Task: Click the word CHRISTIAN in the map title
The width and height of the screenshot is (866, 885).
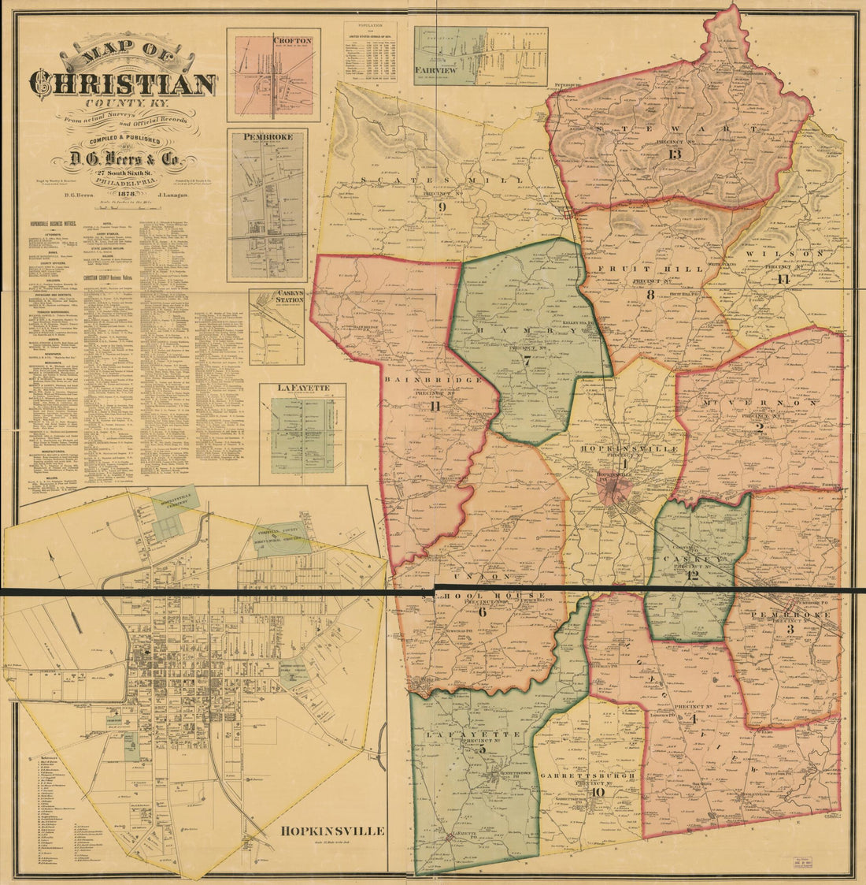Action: (x=123, y=84)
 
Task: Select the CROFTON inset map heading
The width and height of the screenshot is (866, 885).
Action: (x=293, y=40)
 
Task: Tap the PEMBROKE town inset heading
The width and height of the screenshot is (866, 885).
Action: (x=268, y=136)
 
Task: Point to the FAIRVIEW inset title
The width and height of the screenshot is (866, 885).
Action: (x=435, y=69)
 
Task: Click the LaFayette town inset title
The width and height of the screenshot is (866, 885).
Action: (x=301, y=389)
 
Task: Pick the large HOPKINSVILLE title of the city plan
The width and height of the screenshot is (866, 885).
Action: (x=331, y=831)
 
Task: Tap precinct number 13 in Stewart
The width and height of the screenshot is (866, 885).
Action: (x=675, y=153)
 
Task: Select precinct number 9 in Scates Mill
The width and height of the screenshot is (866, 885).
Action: (x=442, y=207)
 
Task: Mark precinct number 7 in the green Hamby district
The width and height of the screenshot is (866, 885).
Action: (x=526, y=361)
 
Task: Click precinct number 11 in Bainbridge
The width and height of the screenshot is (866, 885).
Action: (x=435, y=407)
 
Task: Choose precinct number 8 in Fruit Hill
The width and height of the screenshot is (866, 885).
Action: (x=650, y=295)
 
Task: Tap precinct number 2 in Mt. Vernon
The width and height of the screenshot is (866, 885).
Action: (x=760, y=428)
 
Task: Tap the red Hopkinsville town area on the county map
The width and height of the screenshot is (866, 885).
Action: (x=616, y=493)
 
